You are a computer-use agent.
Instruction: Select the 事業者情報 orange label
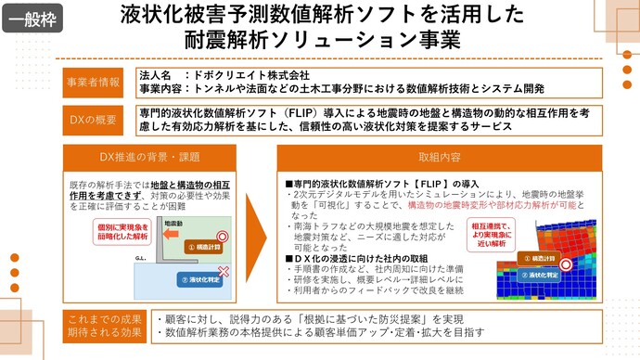tap(94, 82)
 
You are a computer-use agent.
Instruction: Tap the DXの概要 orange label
tap(94, 119)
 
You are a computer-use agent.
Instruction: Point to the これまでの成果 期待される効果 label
tap(105, 326)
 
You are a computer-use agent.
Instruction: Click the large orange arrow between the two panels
tap(265, 223)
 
